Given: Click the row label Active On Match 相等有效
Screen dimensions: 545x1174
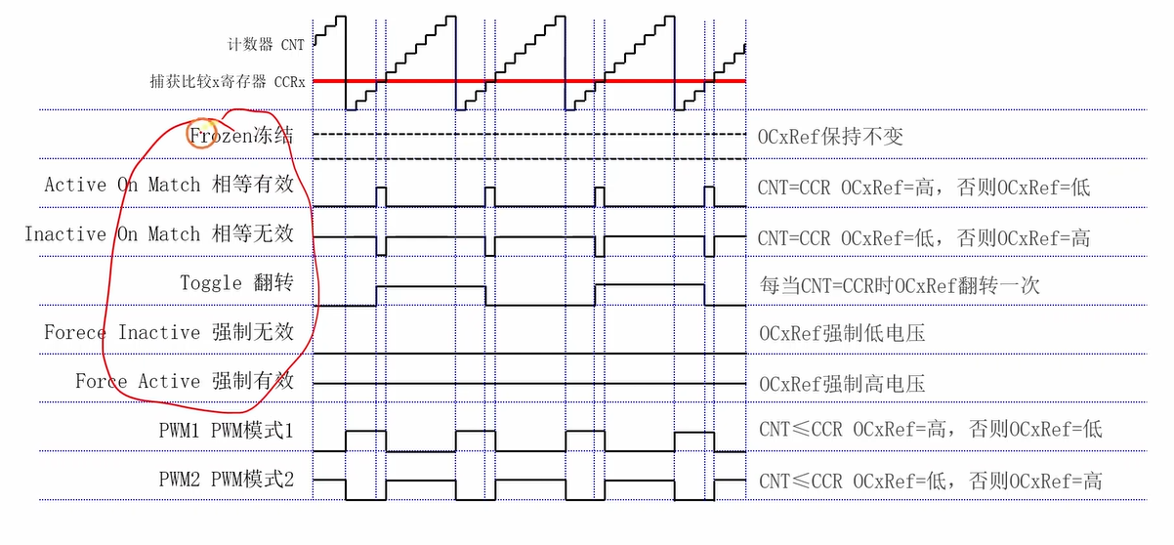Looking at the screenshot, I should pyautogui.click(x=168, y=185).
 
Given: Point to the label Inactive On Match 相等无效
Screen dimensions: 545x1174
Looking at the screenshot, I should pyautogui.click(x=158, y=235).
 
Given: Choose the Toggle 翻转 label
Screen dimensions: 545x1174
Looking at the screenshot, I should pyautogui.click(x=236, y=283).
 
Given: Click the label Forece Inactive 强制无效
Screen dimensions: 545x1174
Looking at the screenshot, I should pyautogui.click(x=168, y=333).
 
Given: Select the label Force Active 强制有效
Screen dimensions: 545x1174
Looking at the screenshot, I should pyautogui.click(x=184, y=382).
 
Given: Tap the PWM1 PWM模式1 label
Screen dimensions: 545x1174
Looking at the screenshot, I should pyautogui.click(x=226, y=430).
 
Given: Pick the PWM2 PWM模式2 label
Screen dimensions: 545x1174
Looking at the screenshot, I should pyautogui.click(x=226, y=480).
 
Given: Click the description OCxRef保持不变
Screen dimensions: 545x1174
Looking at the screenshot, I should pyautogui.click(x=830, y=136).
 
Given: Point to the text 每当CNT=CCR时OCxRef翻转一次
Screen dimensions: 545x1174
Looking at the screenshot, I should pyautogui.click(x=900, y=285).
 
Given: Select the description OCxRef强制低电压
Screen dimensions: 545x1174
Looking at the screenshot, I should pyautogui.click(x=842, y=334).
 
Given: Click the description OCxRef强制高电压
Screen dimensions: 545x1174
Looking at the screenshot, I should pyautogui.click(x=842, y=383).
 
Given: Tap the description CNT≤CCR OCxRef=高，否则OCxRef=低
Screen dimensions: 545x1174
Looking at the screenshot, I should pyautogui.click(x=931, y=430).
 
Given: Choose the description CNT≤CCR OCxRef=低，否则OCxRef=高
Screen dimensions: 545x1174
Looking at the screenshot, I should pyautogui.click(x=931, y=481).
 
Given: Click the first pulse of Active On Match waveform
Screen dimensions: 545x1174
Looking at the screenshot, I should pyautogui.click(x=382, y=195).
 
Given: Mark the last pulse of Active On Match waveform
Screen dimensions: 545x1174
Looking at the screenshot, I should pyautogui.click(x=710, y=195).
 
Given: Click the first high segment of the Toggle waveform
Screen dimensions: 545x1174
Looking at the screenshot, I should pyautogui.click(x=431, y=286).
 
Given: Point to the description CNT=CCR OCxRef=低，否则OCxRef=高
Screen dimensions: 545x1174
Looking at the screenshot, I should pyautogui.click(x=924, y=237).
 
